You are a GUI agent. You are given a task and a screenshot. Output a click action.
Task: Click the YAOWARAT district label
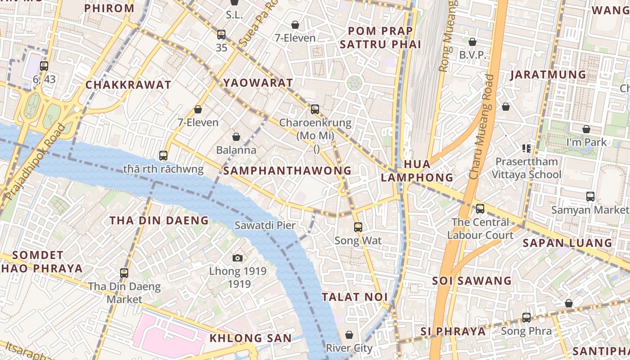(x=258, y=83)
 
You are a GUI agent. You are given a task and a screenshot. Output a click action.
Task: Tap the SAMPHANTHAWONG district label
(x=287, y=171)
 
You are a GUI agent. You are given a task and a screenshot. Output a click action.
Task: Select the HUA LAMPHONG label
(x=417, y=171)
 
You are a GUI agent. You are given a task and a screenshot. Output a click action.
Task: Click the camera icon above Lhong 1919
(x=238, y=258)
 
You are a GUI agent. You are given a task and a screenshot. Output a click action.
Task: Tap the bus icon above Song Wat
(x=358, y=227)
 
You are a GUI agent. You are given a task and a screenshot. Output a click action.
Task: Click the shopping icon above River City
(x=349, y=335)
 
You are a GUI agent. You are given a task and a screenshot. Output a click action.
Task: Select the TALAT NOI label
(x=355, y=297)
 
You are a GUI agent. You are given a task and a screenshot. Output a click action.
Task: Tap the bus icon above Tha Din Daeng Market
(x=124, y=273)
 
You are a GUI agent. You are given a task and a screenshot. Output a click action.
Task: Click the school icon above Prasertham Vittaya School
(x=526, y=148)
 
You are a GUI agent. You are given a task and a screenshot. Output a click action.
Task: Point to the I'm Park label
(x=586, y=142)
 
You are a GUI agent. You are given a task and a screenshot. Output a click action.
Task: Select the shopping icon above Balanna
(x=236, y=137)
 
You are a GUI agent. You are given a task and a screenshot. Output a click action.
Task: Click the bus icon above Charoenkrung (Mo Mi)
(x=315, y=109)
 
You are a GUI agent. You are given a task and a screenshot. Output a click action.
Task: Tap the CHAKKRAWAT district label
(x=128, y=85)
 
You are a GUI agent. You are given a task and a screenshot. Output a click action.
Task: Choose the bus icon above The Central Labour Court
(x=480, y=209)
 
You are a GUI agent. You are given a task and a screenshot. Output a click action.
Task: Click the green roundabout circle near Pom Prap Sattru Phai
(x=354, y=83)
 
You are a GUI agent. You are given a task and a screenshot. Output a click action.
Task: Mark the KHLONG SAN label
(x=251, y=338)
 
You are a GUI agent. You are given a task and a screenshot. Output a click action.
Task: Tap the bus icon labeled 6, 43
(x=44, y=66)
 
